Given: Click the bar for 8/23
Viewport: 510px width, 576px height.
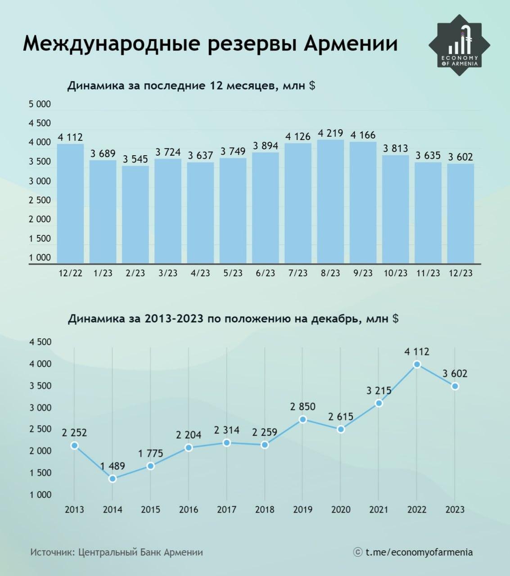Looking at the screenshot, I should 330,201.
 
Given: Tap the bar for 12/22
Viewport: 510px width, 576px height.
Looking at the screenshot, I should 70,203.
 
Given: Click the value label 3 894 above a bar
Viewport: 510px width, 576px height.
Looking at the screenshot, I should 266,146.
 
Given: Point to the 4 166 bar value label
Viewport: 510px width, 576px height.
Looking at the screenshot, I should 363,135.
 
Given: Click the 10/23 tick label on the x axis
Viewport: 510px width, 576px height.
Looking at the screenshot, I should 395,273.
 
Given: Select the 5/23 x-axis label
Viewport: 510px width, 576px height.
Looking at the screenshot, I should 233,273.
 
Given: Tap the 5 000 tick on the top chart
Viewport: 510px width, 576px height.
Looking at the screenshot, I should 40,104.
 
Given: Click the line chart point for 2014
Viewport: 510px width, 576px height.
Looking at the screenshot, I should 113,479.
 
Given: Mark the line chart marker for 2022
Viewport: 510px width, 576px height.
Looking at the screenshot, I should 417,364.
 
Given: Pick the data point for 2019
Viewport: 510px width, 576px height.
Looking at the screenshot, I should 303,419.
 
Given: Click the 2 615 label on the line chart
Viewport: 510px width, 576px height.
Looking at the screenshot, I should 341,417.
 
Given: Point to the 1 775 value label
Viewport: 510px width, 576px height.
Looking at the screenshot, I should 151,454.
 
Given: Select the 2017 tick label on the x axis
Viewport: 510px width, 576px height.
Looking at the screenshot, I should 226,510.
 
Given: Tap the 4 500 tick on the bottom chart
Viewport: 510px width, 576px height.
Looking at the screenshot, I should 41,342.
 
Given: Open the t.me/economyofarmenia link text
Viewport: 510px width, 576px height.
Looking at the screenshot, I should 419,552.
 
